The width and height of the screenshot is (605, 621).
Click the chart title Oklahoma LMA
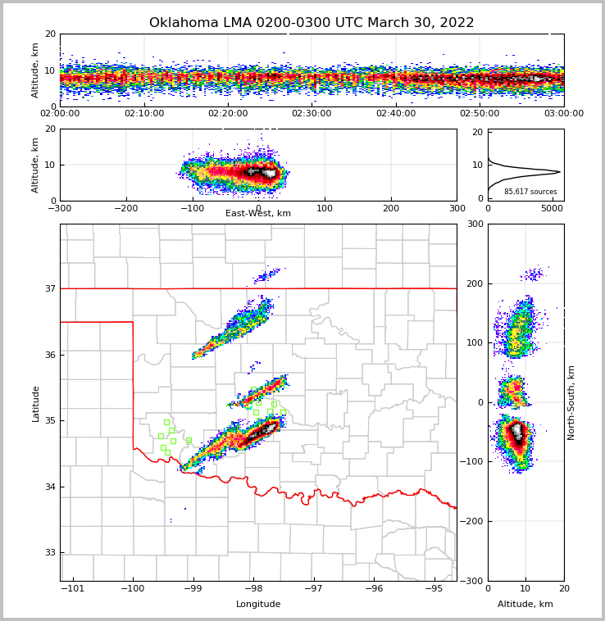click(312, 23)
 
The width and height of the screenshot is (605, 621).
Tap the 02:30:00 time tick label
click(312, 114)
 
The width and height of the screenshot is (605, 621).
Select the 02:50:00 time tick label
click(480, 114)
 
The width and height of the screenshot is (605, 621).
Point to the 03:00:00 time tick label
click(563, 114)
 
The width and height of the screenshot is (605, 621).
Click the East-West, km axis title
click(258, 214)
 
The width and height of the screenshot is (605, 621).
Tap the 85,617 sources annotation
click(530, 192)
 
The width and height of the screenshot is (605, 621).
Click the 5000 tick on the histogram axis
click(552, 209)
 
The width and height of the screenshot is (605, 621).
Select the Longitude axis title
click(258, 605)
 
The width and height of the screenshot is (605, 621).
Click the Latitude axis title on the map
click(36, 403)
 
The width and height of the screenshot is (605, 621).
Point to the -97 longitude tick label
click(313, 589)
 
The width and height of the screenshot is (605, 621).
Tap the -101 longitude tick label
click(73, 589)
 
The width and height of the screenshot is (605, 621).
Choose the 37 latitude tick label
click(49, 289)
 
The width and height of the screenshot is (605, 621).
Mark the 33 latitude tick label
click(49, 553)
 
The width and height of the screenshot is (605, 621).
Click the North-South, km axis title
click(572, 402)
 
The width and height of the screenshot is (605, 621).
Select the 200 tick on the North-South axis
click(473, 283)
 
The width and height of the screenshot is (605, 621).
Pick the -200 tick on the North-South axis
click(471, 522)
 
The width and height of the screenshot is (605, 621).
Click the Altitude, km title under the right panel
click(525, 605)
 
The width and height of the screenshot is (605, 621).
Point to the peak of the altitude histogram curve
click(560, 172)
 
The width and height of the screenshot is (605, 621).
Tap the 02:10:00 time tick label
click(143, 114)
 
